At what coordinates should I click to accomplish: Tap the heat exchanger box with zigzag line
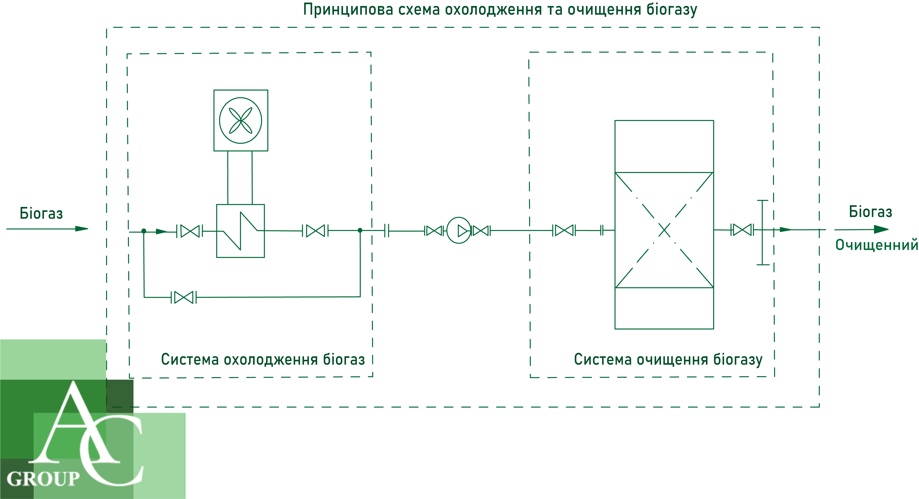(241, 231)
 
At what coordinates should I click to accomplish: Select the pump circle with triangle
(459, 230)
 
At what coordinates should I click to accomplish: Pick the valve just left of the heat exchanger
(190, 231)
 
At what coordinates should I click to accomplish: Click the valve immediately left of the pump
(434, 231)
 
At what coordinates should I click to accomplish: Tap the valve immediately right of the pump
(481, 231)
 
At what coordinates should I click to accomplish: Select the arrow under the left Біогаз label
(47, 229)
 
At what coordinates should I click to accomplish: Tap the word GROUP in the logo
(43, 479)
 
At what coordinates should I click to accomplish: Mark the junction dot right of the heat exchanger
(360, 230)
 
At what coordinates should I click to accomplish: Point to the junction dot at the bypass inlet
(144, 231)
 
